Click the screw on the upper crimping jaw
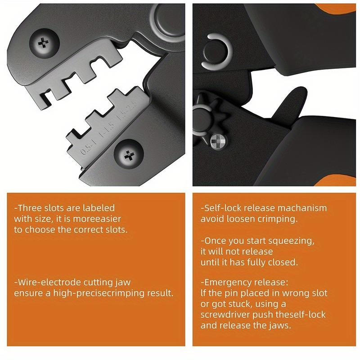point(44,45)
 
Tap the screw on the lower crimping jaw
point(130,156)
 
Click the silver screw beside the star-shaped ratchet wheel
point(217,143)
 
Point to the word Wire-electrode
point(47,283)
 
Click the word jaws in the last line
point(282,325)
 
